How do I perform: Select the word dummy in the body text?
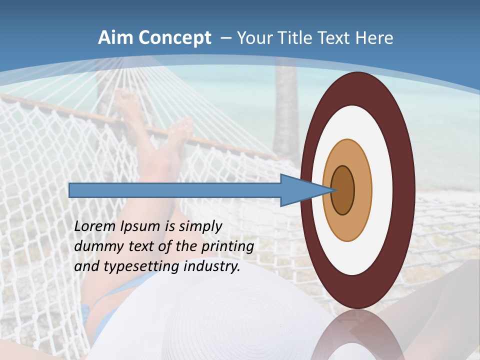[94, 246]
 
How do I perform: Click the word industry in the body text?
[212, 266]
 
